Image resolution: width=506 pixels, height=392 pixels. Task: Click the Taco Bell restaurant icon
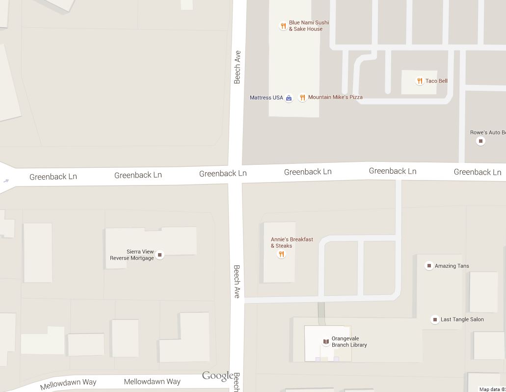(420, 81)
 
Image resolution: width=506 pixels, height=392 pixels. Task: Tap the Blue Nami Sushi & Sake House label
(309, 26)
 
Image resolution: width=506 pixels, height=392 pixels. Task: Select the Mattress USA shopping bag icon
(289, 98)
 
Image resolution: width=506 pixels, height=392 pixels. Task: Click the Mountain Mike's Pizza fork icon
(303, 98)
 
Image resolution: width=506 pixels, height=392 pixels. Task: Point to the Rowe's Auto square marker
(480, 141)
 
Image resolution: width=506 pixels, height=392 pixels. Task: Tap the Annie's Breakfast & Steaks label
(292, 242)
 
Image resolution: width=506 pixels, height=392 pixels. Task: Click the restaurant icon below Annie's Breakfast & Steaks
(281, 254)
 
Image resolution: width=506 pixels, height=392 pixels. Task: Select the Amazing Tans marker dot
(429, 266)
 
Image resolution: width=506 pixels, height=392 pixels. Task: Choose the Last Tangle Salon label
(462, 319)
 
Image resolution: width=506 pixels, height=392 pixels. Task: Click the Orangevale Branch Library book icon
(326, 341)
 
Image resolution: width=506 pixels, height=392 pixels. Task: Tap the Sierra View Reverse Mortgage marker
(160, 255)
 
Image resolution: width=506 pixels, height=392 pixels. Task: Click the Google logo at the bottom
(217, 376)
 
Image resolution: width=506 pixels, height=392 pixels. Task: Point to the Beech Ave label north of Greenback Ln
(238, 67)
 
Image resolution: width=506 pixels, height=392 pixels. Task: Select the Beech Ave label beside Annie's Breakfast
(237, 282)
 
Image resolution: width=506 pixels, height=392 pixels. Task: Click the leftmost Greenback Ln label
(53, 177)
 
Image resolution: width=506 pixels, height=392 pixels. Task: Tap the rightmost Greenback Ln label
(477, 172)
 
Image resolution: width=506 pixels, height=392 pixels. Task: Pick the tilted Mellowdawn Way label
(68, 384)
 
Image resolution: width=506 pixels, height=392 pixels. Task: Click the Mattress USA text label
(266, 98)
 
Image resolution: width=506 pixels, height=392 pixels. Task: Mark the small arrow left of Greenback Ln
(6, 181)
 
